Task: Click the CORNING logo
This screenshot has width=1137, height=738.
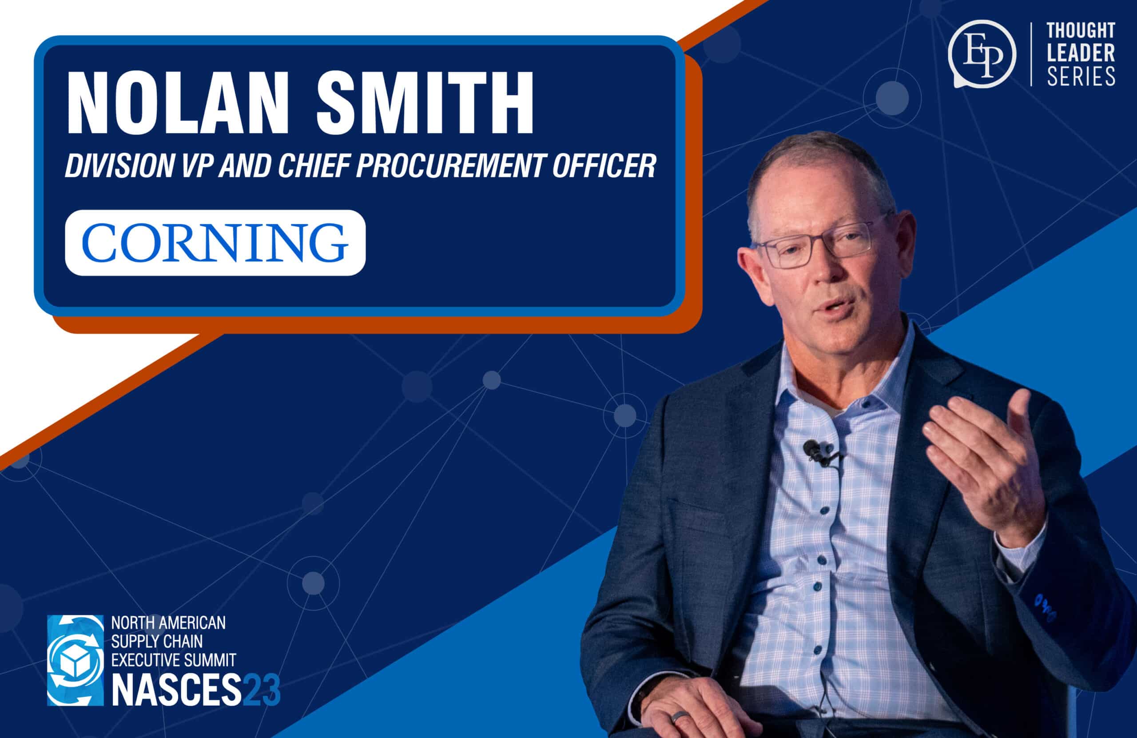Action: coord(215,242)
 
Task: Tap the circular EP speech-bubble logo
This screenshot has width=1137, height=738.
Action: coord(982,53)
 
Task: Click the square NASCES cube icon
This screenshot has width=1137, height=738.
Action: coord(75,660)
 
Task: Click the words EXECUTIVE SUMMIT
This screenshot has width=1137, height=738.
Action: coord(173,660)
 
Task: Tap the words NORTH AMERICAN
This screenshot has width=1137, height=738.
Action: coord(168,623)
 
